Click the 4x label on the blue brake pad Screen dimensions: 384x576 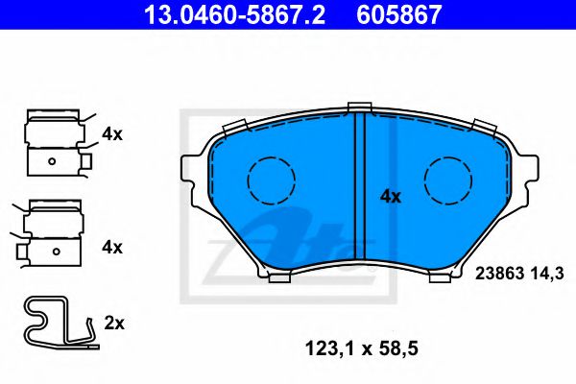pyautogui.click(x=390, y=196)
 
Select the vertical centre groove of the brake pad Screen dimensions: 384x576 pyautogui.click(x=360, y=187)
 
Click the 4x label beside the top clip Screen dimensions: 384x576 pyautogui.click(x=112, y=134)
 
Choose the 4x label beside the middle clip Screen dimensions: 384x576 pyautogui.click(x=112, y=247)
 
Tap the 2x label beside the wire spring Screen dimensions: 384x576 pyautogui.click(x=113, y=324)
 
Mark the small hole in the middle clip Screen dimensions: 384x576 pyautogui.click(x=55, y=252)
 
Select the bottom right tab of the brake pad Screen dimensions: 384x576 pyautogui.click(x=442, y=278)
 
